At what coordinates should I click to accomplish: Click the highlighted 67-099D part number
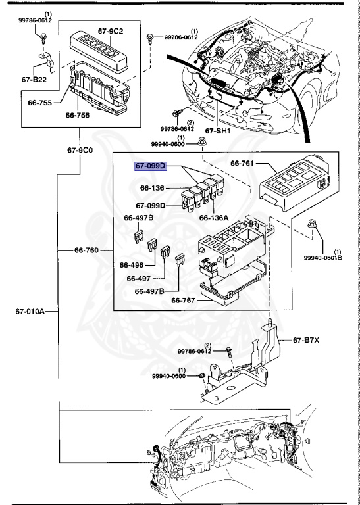click(x=151, y=167)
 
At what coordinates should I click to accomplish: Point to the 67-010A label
click(x=30, y=311)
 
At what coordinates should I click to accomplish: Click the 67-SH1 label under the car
click(x=218, y=131)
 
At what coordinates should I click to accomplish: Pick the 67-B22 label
click(x=35, y=80)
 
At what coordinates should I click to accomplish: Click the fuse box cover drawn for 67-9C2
click(x=99, y=49)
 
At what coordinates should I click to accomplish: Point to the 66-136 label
click(x=153, y=188)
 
